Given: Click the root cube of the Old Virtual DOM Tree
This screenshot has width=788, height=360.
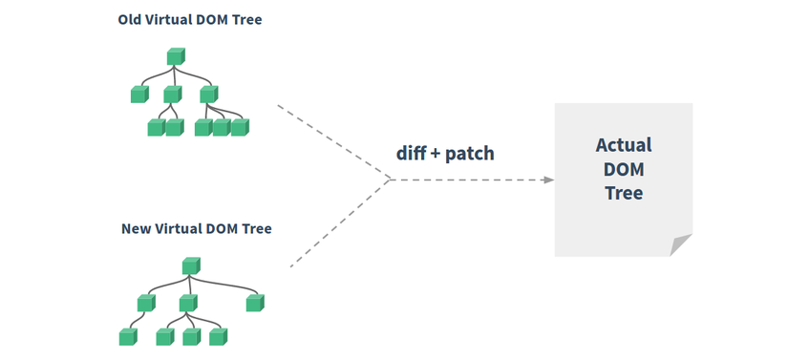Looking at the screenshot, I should click(x=174, y=57).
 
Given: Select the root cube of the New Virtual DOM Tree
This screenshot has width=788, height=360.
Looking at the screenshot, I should click(x=190, y=265).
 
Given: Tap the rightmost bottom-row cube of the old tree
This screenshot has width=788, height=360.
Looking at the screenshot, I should click(x=239, y=127).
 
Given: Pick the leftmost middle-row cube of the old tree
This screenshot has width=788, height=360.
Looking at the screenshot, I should click(x=140, y=94).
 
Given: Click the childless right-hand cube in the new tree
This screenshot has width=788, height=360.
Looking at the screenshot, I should click(x=254, y=303).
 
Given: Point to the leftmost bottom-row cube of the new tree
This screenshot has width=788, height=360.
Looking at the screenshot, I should click(x=127, y=337).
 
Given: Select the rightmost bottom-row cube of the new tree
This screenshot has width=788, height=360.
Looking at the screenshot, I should click(x=219, y=337).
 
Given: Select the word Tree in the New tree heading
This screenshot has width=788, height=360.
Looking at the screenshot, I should click(x=255, y=229).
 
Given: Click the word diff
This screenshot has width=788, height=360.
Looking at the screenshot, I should click(x=413, y=153).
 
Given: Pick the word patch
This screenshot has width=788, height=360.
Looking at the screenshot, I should click(x=470, y=153).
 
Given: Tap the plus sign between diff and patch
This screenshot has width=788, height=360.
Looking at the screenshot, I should click(x=437, y=154).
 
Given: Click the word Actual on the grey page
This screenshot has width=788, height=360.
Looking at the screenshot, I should click(x=623, y=145).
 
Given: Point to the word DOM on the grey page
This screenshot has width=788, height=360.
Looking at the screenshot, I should click(x=623, y=169).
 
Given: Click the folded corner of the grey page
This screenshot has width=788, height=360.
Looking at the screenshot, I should click(x=679, y=244).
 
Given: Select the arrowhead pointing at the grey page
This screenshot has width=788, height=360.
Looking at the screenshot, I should click(x=548, y=180).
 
